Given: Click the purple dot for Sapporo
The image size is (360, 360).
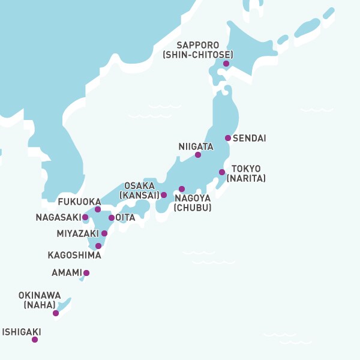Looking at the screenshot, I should tap(226, 64).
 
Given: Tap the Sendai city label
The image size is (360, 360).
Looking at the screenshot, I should tap(249, 139).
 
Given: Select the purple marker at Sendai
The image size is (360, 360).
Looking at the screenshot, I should tap(228, 138).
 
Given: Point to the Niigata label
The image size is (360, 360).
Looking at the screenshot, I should tap(196, 146).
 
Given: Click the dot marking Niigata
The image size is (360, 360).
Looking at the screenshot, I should tap(198, 155).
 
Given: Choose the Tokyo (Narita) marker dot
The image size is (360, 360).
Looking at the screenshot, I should tap(222, 172).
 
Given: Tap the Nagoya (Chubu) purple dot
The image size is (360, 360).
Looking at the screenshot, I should tap(182, 189).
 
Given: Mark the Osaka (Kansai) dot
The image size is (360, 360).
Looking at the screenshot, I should tap(164, 195).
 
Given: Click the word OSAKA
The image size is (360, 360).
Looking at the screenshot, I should tap(139, 186).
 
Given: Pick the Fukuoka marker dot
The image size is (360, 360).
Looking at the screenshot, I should tap(98, 209).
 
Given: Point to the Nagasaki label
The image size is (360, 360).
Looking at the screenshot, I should tap(58, 217).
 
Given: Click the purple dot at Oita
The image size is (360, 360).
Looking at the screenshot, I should tap(112, 218).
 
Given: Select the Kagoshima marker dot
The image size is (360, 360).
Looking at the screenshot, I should tap(98, 246).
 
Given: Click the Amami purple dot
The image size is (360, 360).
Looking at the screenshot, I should tap(86, 273).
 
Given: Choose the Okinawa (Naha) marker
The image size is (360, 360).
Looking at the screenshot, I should tap(56, 313).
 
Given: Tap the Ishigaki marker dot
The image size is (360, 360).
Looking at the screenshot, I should tap(35, 340).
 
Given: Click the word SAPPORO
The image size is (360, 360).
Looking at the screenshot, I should tap(198, 46).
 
